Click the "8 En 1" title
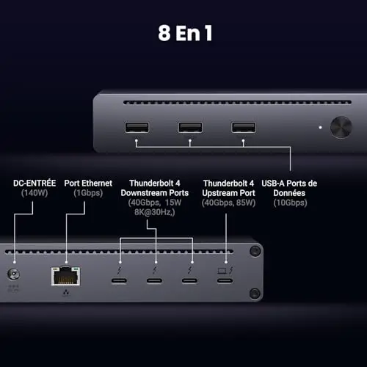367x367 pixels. tap(185, 33)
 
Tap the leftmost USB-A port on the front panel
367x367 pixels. tap(137, 128)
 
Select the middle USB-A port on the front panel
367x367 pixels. tap(190, 128)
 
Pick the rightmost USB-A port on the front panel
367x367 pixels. tap(244, 128)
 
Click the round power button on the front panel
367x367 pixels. tap(341, 127)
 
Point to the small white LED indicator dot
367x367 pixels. tap(320, 128)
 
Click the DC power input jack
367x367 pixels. tap(13, 274)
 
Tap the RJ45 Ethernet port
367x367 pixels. tap(65, 276)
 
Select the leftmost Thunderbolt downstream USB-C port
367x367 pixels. tap(119, 280)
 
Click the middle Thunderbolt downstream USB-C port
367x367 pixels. tap(154, 280)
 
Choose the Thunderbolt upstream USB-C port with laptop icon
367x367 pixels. tap(225, 280)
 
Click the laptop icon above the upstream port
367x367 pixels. tap(222, 271)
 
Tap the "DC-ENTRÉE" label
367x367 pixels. tap(34, 183)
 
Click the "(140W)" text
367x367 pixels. tap(34, 193)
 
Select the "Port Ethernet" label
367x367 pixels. tap(88, 183)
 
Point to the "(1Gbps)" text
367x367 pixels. tap(88, 193)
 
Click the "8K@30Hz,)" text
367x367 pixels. tap(155, 212)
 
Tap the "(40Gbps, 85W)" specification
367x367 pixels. tap(228, 203)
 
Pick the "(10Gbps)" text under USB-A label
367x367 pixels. tap(290, 203)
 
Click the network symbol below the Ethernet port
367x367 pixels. tap(66, 292)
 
